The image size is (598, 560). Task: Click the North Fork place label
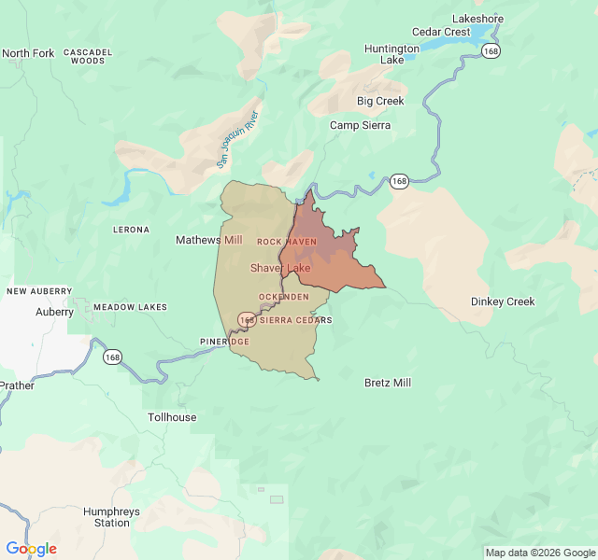(28, 53)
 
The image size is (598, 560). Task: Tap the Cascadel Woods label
(88, 56)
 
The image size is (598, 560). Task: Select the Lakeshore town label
(477, 19)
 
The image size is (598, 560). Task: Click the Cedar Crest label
(441, 32)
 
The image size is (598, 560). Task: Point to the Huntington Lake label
(392, 54)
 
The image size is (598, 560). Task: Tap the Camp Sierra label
(360, 125)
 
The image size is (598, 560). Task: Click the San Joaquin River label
(237, 139)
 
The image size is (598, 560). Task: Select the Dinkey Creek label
(503, 301)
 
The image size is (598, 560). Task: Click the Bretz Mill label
(387, 383)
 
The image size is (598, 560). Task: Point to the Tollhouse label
(172, 417)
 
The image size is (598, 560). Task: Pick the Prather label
(16, 385)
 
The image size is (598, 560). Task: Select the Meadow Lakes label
(130, 307)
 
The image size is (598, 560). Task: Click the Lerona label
(131, 230)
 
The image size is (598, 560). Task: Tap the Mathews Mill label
(208, 240)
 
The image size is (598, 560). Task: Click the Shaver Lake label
(280, 268)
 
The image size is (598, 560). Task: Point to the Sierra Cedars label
(295, 320)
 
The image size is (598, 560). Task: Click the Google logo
(31, 549)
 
